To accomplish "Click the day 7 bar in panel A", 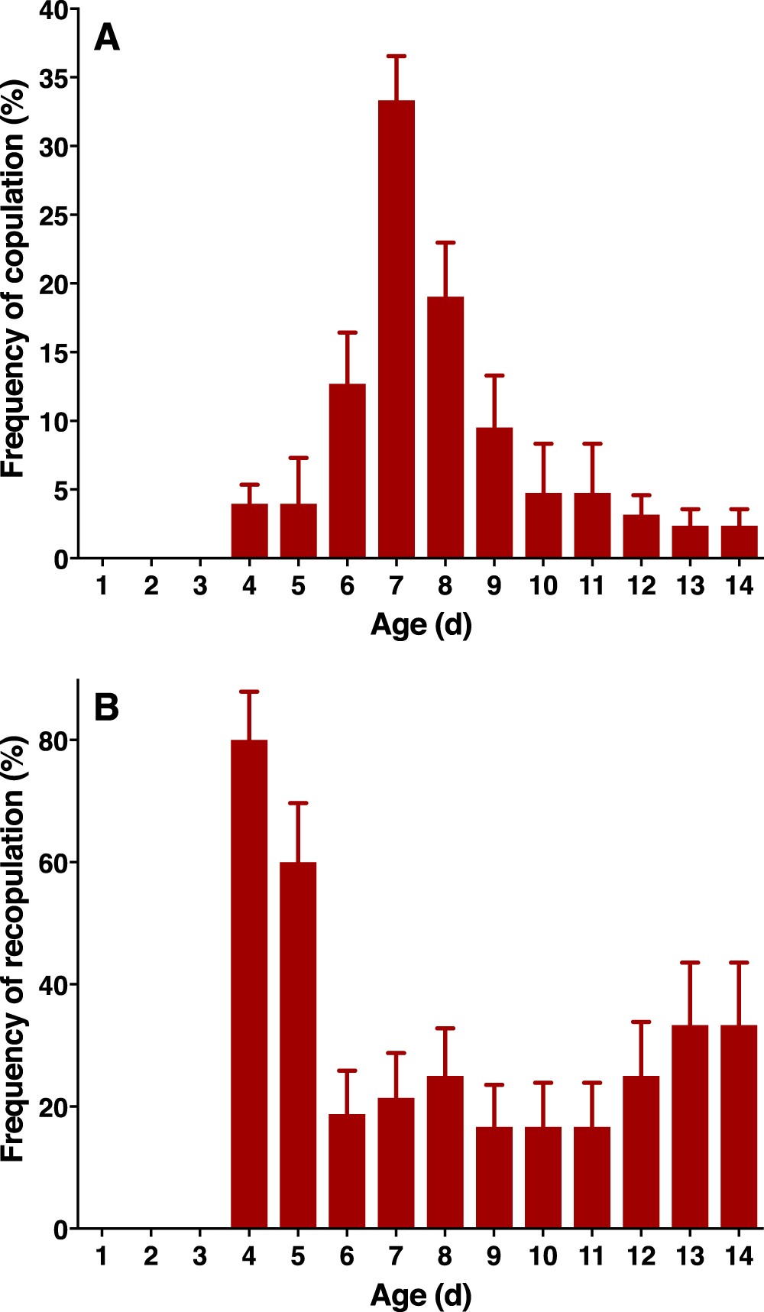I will click(396, 329).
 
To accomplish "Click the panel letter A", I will click(107, 38).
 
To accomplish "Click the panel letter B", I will click(107, 708).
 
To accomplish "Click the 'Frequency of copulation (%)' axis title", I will click(14, 279).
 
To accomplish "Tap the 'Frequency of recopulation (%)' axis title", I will click(14, 949).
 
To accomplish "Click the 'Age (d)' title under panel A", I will click(421, 625).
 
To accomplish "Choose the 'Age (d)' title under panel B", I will click(421, 1295).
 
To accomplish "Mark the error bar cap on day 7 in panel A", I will click(396, 57).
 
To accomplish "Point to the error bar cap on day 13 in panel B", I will click(690, 963).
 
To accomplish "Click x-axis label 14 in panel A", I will click(739, 586).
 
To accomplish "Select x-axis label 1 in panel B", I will click(102, 1256).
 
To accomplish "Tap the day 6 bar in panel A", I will click(347, 470).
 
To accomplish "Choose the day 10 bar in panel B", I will click(543, 1178).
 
